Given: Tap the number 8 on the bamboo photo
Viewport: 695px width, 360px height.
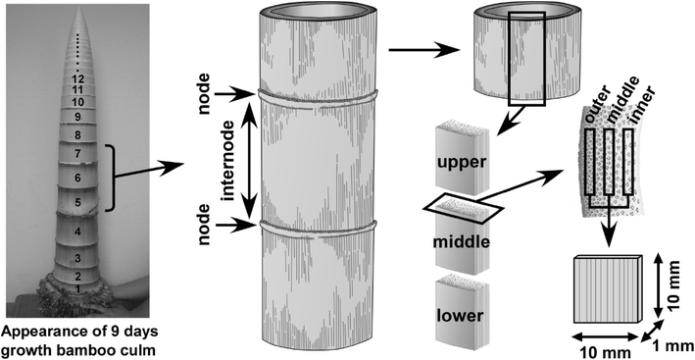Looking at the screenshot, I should point(76,134).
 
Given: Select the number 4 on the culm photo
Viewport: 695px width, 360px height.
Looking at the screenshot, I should point(76,231).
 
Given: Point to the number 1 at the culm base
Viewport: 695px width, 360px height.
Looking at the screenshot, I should point(76,290).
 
